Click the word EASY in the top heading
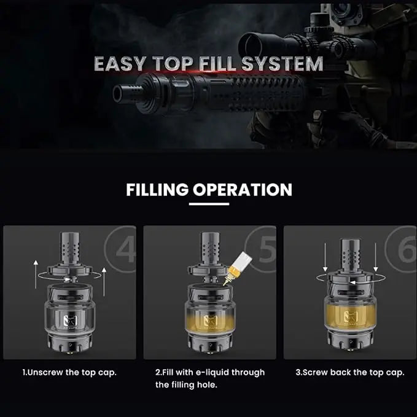click(120, 63)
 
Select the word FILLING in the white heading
click(157, 190)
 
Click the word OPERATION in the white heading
click(242, 190)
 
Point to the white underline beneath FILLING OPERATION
click(209, 204)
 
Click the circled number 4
click(125, 249)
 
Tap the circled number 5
click(266, 249)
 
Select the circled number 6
click(406, 249)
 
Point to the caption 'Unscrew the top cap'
click(69, 372)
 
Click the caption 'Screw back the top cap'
click(350, 372)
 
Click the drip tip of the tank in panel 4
click(70, 248)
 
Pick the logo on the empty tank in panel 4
click(70, 320)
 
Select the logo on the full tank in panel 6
click(351, 316)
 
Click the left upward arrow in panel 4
click(36, 275)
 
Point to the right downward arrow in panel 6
click(375, 257)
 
